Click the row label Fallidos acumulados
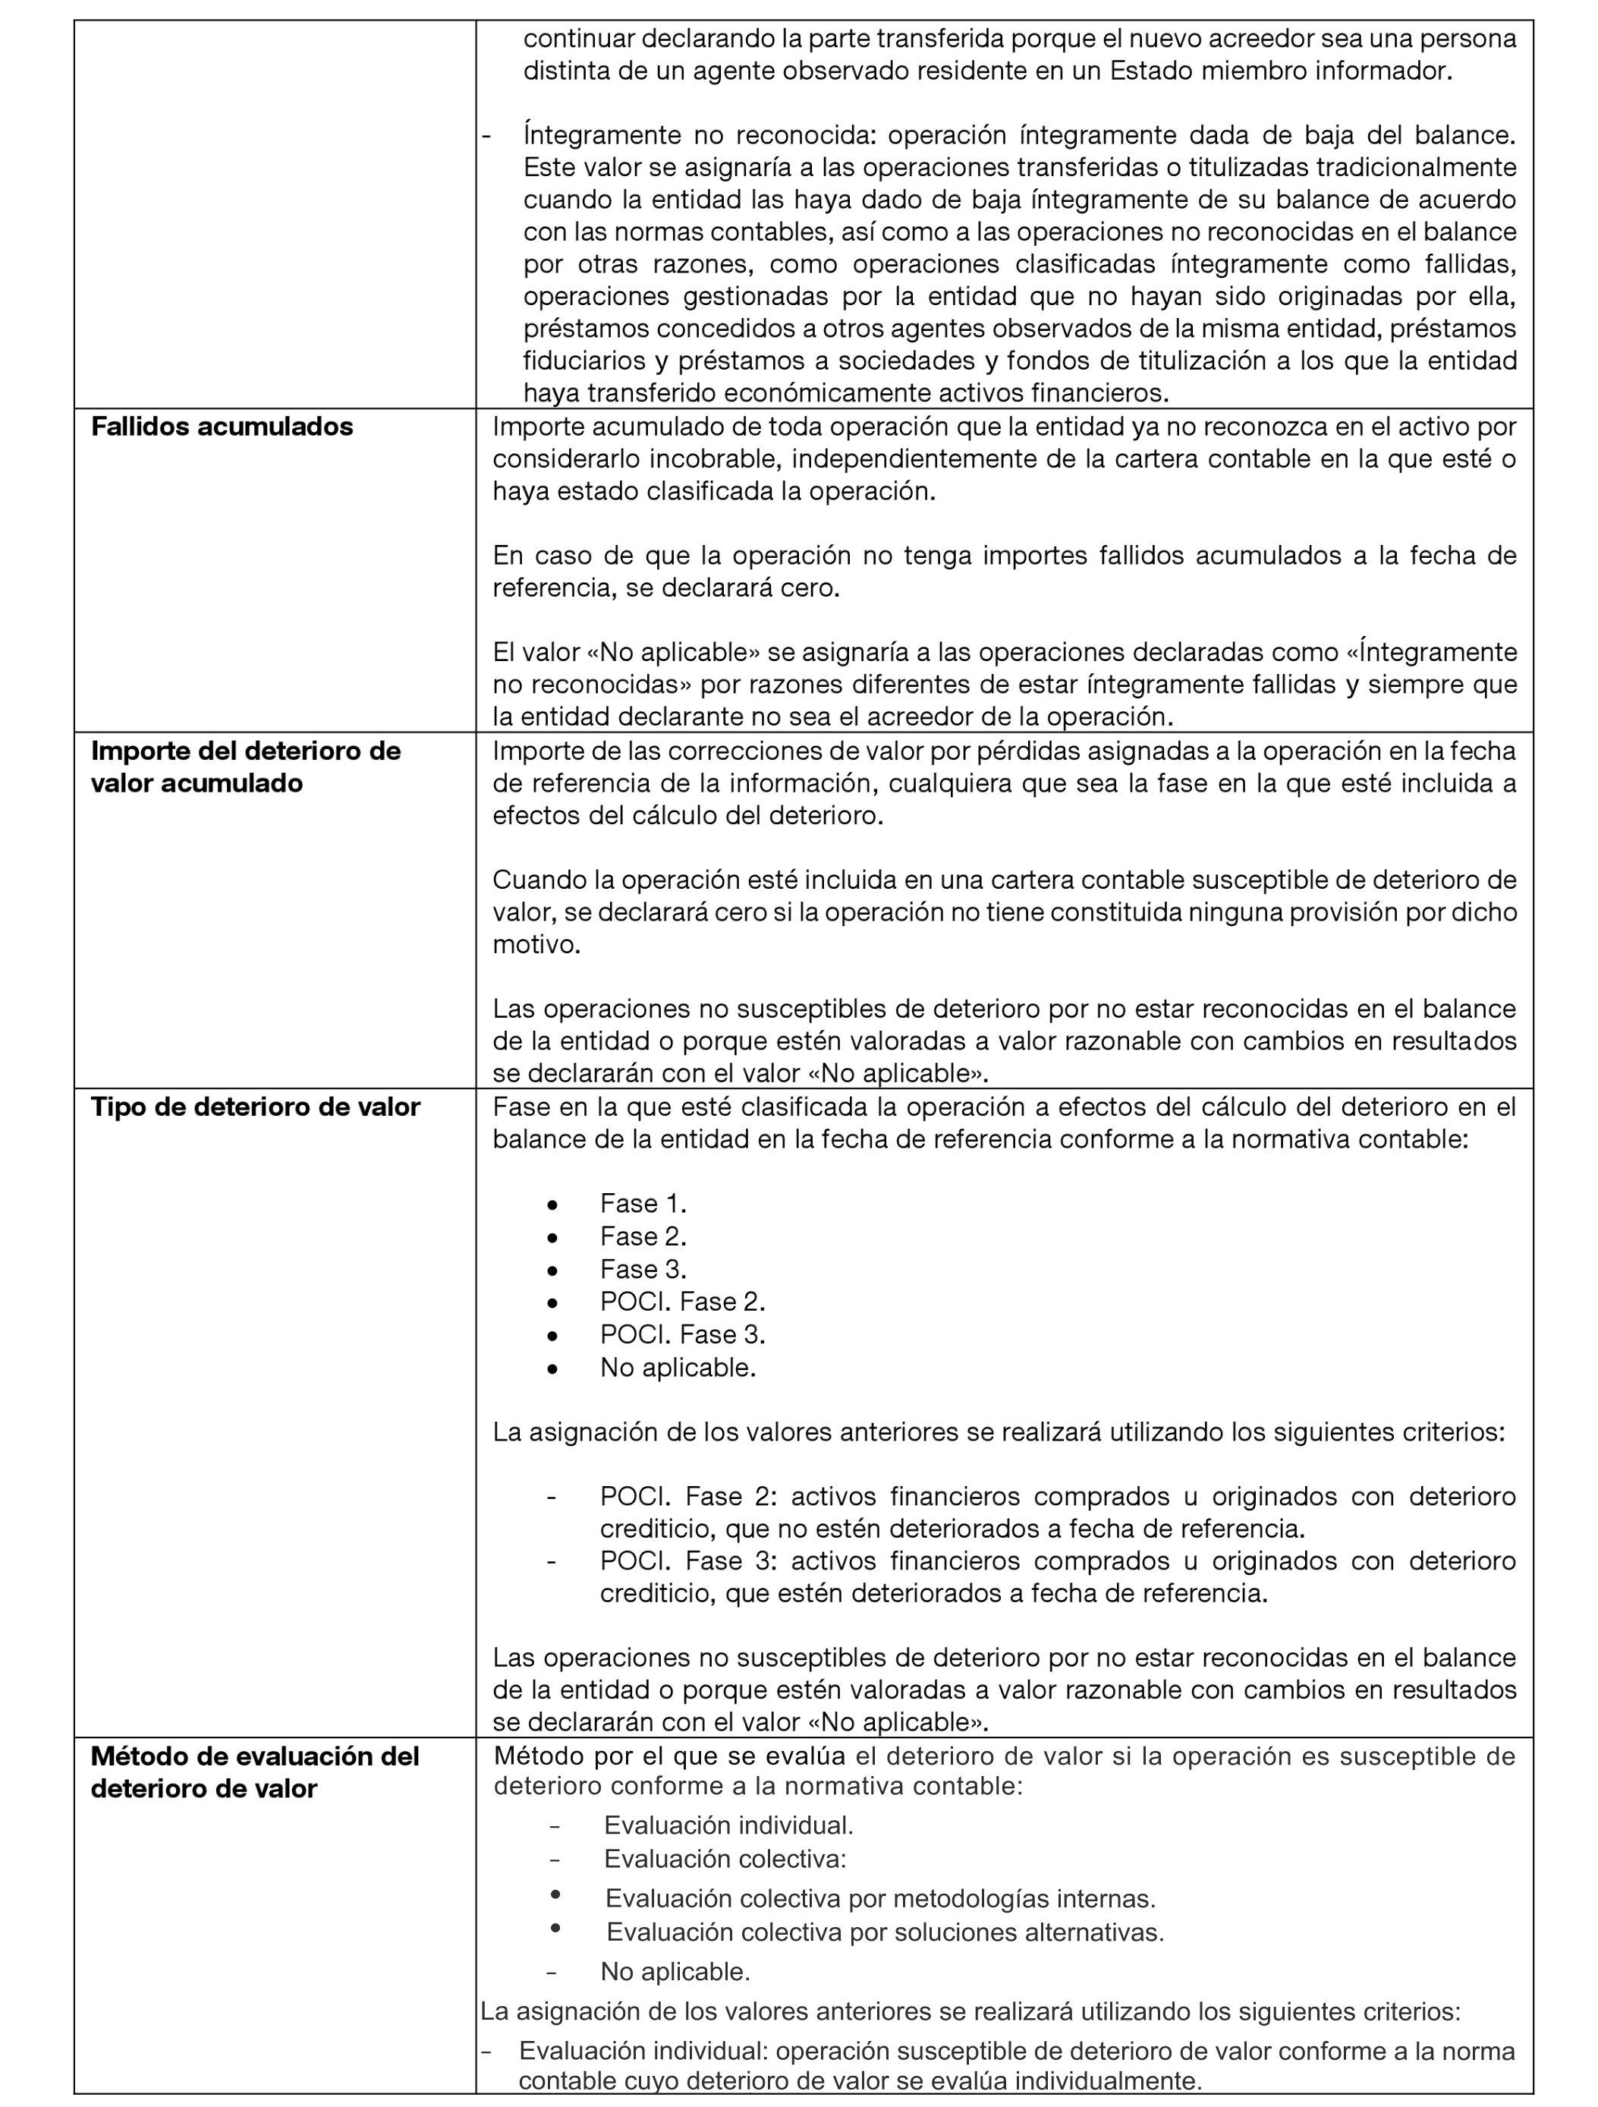221,427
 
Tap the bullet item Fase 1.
643,1204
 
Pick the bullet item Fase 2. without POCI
643,1236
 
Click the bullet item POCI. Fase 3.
682,1334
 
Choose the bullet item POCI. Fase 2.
682,1302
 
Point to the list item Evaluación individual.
728,1825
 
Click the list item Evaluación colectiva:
725,1858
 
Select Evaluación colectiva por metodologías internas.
880,1898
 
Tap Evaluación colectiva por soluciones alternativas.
885,1932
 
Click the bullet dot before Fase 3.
552,1270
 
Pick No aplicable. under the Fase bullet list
677,1368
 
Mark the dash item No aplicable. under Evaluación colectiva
675,1971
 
